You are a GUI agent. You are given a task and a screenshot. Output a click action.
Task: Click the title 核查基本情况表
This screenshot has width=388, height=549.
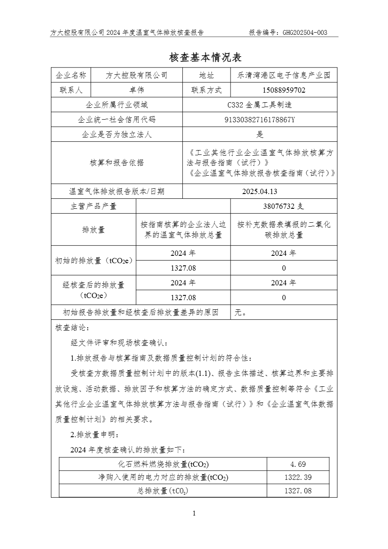tap(204, 58)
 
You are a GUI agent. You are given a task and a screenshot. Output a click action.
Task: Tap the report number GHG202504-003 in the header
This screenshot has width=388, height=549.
tap(305, 33)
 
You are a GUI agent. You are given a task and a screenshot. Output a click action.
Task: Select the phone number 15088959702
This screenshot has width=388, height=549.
tap(284, 90)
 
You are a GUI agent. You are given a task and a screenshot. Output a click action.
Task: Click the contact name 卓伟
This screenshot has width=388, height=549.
tap(137, 90)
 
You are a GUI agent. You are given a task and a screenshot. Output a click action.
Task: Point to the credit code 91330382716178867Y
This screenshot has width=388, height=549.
tap(260, 120)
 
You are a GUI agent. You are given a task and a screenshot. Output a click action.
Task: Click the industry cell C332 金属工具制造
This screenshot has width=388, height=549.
tap(260, 105)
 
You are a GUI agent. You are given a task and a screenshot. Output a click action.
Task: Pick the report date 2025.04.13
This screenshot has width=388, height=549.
tap(260, 191)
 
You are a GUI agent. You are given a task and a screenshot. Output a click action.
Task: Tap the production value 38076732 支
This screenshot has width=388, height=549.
tap(284, 206)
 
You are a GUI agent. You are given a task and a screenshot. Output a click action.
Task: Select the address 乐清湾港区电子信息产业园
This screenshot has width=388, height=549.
tap(284, 75)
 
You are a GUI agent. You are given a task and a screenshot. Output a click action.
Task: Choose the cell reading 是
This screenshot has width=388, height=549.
tap(260, 134)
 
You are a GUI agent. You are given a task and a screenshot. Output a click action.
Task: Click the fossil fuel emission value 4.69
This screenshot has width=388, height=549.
tap(298, 465)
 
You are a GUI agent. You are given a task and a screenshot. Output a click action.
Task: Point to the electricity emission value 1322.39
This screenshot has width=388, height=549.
tap(298, 478)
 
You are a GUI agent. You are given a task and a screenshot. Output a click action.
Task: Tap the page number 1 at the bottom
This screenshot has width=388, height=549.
tap(194, 513)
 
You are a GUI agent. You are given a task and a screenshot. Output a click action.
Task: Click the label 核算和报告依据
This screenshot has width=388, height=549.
tap(117, 163)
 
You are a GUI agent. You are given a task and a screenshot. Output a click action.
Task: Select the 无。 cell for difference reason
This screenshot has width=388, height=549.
tap(241, 312)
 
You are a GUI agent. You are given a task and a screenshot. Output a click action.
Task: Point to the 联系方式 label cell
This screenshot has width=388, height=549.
tap(207, 90)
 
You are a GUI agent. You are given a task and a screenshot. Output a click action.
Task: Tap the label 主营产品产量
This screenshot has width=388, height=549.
tap(94, 206)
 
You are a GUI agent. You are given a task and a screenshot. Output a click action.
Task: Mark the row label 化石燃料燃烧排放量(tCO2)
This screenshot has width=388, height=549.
tap(163, 465)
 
